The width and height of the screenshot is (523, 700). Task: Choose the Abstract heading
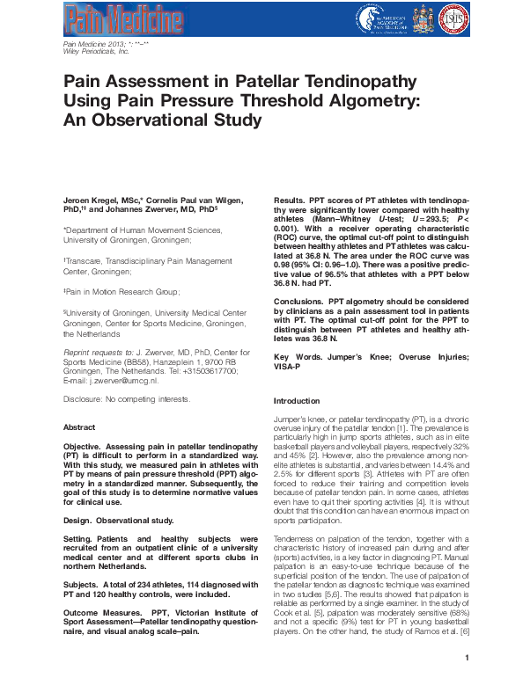(80, 427)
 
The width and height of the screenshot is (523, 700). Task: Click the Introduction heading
(302, 400)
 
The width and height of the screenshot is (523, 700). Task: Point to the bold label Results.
(291, 201)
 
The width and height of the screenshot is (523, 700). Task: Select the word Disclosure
(86, 398)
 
